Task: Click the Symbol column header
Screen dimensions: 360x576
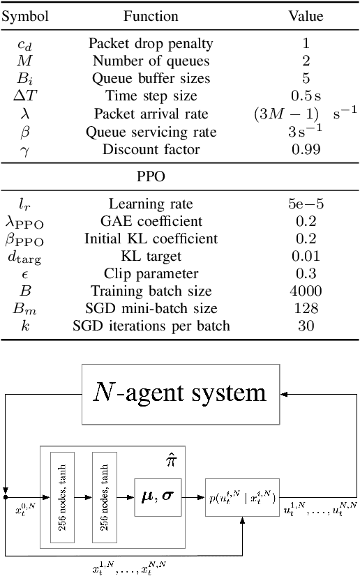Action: [x=24, y=15]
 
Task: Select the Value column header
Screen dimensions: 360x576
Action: [x=306, y=15]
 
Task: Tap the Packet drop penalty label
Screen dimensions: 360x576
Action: [x=151, y=43]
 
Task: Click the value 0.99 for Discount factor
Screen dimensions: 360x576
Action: [x=306, y=149]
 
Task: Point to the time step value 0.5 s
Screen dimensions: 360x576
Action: [x=306, y=96]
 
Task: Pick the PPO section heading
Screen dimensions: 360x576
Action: [x=151, y=176]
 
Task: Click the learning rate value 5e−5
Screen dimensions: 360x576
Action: [x=306, y=204]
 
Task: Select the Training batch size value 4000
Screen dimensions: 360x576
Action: [x=306, y=291]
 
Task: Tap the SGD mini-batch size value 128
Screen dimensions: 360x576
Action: [x=306, y=309]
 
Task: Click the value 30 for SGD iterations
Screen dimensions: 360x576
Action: [x=306, y=326]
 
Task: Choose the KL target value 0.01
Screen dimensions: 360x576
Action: [x=306, y=257]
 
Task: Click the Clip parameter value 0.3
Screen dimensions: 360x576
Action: [x=306, y=274]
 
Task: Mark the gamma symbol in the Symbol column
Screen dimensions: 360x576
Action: [x=24, y=150]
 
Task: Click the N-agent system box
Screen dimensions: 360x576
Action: [x=179, y=393]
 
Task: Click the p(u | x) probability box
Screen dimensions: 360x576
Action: [x=241, y=498]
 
